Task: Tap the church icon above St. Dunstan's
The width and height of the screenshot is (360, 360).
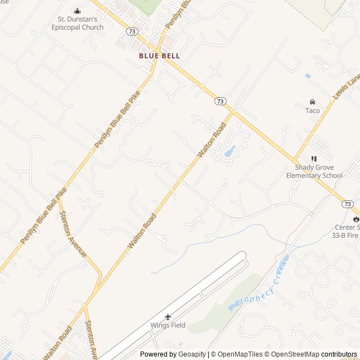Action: click(x=78, y=11)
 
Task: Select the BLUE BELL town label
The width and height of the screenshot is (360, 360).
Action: click(x=160, y=56)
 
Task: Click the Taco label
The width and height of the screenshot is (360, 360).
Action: click(x=312, y=110)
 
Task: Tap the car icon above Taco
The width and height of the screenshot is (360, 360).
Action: click(x=312, y=102)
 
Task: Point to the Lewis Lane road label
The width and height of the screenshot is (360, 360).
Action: click(x=345, y=87)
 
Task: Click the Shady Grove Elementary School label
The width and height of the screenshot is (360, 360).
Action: click(x=314, y=172)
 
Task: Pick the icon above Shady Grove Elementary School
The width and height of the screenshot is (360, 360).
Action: click(x=314, y=159)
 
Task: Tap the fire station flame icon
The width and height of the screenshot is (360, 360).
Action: click(x=355, y=219)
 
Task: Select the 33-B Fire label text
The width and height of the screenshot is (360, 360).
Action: click(x=345, y=236)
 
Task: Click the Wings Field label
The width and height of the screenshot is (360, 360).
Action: click(x=168, y=325)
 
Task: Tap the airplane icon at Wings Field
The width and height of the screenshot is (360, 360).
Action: click(x=168, y=317)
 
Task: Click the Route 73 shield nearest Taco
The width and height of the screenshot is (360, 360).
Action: click(x=220, y=101)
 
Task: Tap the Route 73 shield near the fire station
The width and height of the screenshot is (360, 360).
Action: click(x=348, y=204)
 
